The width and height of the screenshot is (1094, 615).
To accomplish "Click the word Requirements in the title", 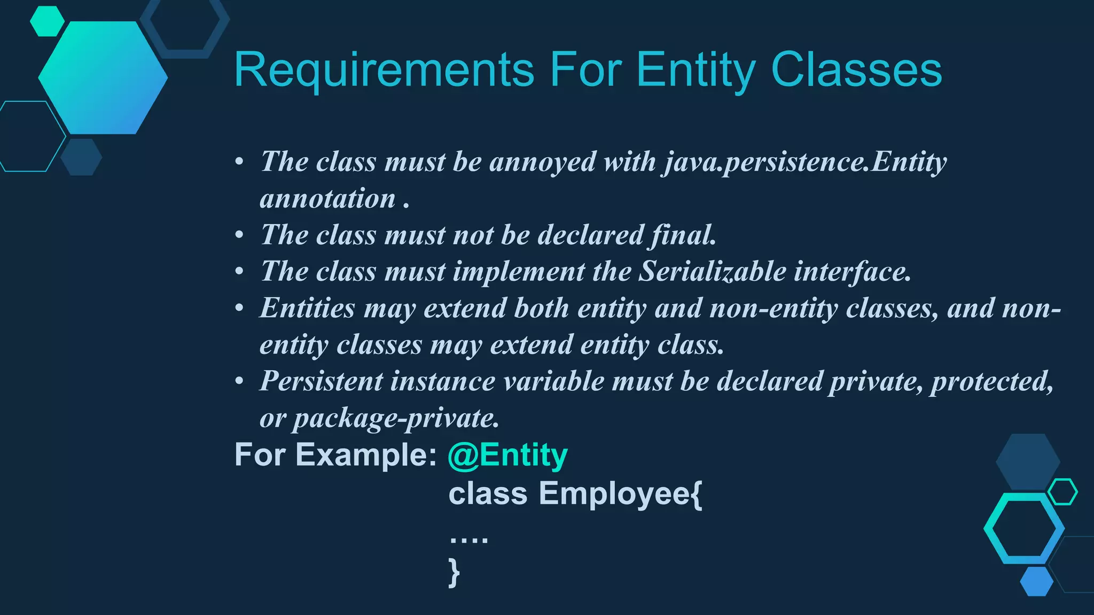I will coord(384,70).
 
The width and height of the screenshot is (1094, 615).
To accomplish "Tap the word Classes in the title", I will coord(856,70).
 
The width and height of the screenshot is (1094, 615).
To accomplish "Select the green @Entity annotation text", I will coord(507,455).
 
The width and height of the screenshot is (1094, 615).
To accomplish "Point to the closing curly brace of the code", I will coord(454,572).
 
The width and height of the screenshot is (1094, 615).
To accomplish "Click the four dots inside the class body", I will coord(468,540).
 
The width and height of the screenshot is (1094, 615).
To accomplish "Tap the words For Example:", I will coord(335,455).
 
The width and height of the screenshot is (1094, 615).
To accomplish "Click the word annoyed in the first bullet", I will coord(542,161).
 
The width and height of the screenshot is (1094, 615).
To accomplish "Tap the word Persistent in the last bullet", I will coord(321,381).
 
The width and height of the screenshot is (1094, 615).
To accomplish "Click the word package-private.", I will coord(395,418).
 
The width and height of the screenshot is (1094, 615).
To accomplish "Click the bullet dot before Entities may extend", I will coord(239,308).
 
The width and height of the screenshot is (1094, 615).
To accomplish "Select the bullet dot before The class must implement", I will coord(239,272).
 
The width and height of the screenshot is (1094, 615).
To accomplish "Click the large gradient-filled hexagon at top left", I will coord(103,78).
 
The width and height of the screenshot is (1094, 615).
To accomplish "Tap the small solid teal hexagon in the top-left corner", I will coord(47,21).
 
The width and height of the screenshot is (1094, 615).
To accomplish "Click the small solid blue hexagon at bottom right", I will coord(1036,581).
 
